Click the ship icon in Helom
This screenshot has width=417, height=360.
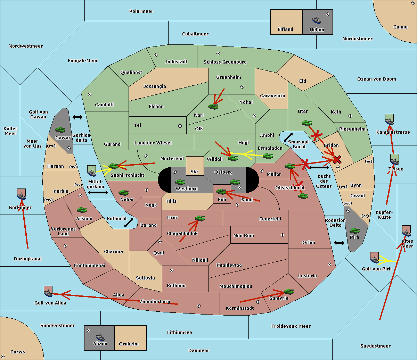tap(317, 20)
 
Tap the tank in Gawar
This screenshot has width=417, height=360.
tap(60, 129)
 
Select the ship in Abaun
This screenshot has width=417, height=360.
tap(100, 337)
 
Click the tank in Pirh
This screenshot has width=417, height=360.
tap(354, 231)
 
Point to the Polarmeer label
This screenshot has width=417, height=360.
tap(141, 11)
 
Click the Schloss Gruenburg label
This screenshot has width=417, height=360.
tap(225, 62)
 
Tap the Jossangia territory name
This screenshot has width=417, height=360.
tap(155, 86)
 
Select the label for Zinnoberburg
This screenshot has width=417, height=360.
tap(155, 302)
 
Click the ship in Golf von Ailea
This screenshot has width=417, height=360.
tap(48, 291)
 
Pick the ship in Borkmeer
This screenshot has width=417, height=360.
tap(22, 194)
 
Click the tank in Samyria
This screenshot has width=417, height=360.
tap(288, 292)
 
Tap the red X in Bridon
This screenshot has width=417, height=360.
tap(337, 160)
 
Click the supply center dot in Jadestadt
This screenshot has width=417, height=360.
tap(156, 55)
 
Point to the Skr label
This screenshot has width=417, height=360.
tap(195, 171)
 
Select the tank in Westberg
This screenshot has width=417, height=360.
tap(180, 182)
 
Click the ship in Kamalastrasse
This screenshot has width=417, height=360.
tap(389, 119)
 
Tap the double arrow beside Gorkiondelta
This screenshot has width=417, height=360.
tap(77, 117)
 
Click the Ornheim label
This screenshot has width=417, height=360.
tap(129, 344)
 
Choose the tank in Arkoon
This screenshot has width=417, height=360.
tap(82, 210)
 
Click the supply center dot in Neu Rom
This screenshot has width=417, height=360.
tap(283, 235)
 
